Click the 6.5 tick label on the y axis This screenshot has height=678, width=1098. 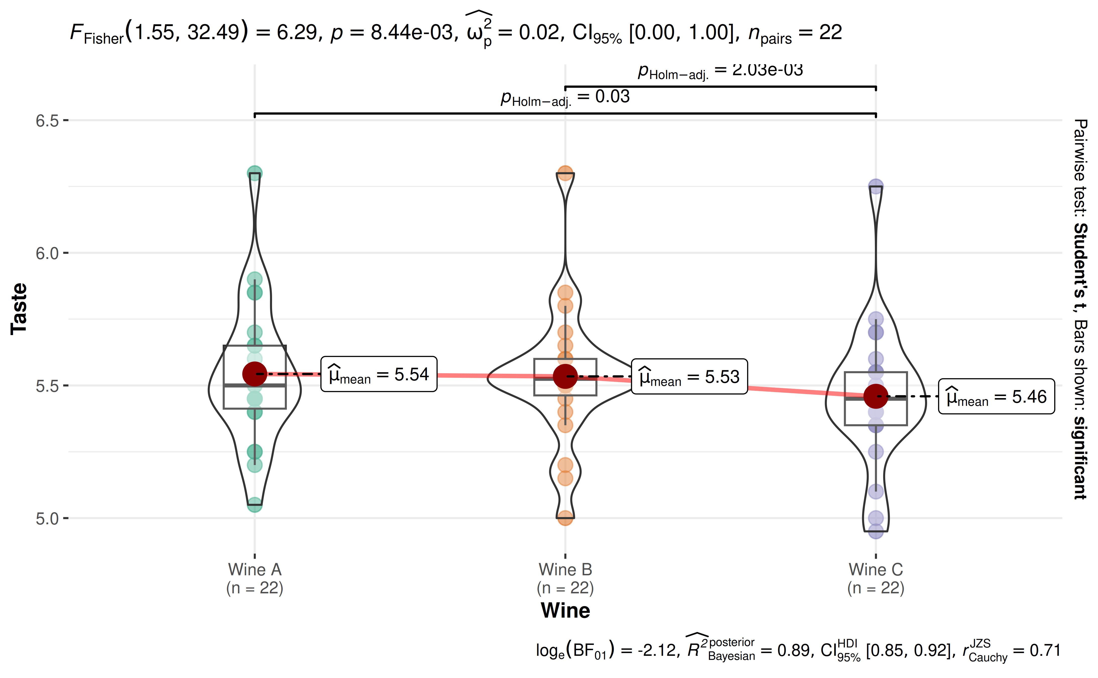[47, 121]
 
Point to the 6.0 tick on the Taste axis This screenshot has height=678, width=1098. [47, 253]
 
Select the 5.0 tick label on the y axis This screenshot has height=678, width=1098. [47, 519]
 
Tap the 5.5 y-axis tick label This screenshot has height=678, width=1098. [47, 386]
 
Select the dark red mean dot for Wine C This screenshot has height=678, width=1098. [876, 396]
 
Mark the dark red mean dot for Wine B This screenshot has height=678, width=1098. [565, 376]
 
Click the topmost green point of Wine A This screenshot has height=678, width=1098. [255, 174]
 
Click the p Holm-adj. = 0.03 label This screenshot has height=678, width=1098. [565, 97]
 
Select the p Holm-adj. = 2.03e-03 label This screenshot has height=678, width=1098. [720, 71]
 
